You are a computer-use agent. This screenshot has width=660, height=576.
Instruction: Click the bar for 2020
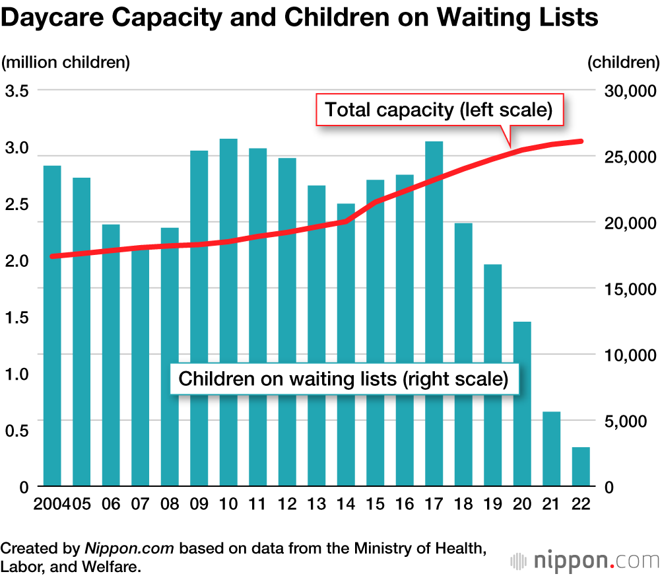(x=522, y=404)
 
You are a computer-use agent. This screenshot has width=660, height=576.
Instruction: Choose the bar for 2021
(x=551, y=449)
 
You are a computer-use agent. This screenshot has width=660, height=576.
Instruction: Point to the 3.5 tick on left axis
(x=16, y=91)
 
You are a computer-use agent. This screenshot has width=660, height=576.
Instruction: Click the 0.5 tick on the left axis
(x=16, y=431)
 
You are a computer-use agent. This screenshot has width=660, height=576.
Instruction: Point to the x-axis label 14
(x=346, y=504)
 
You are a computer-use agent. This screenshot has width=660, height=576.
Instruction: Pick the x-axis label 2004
(x=48, y=504)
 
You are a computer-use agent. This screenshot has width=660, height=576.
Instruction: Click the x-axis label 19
(x=492, y=504)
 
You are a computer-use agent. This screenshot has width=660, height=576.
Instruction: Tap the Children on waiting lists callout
(x=344, y=379)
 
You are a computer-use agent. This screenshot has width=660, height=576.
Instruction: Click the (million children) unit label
(x=65, y=63)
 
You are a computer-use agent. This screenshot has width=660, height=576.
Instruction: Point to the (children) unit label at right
(x=622, y=63)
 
